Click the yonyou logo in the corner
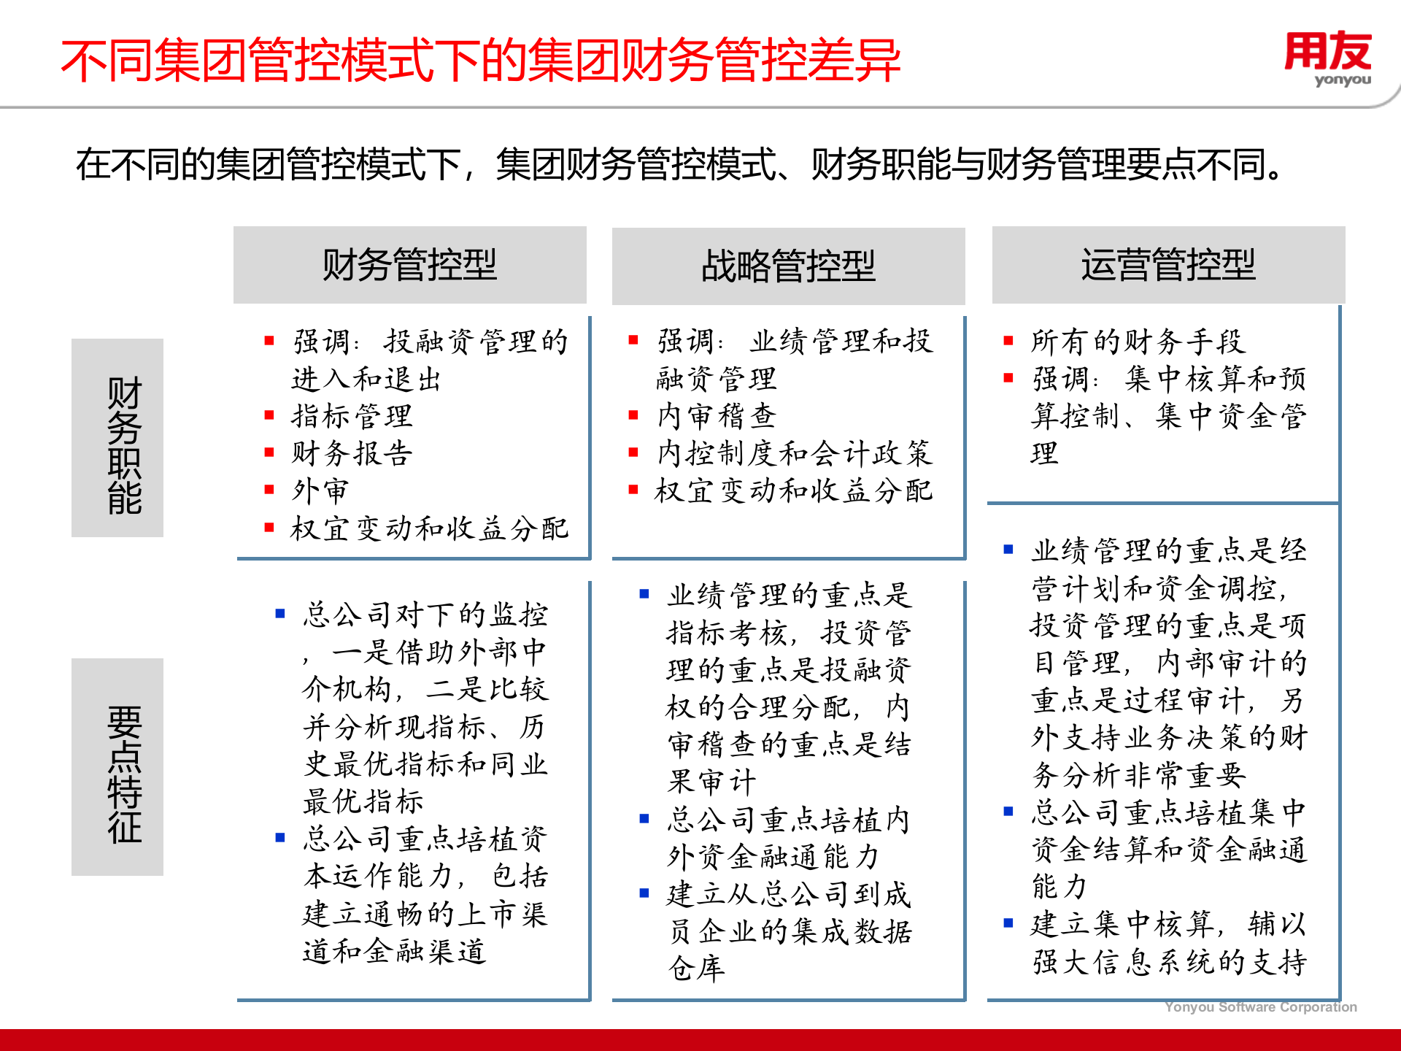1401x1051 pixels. click(x=1327, y=58)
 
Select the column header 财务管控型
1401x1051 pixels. click(x=409, y=265)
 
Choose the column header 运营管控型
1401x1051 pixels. click(x=1168, y=265)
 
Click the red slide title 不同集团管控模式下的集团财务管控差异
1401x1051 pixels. click(x=481, y=61)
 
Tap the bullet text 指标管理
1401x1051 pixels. click(x=352, y=417)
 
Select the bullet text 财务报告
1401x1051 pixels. click(x=352, y=454)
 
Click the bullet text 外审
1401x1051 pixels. click(x=320, y=491)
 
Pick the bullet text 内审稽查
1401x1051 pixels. click(x=717, y=417)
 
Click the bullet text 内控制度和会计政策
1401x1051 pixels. click(x=795, y=454)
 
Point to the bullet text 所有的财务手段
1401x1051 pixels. click(x=1138, y=342)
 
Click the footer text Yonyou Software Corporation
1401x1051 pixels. click(x=1260, y=1007)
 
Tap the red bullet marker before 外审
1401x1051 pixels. click(x=269, y=490)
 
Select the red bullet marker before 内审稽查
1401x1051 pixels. click(x=633, y=415)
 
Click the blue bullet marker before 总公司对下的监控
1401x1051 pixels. click(x=279, y=614)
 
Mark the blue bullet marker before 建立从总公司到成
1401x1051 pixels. click(x=644, y=893)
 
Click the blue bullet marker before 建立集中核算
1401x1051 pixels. click(x=1008, y=923)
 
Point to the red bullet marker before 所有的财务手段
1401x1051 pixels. click(x=1008, y=340)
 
